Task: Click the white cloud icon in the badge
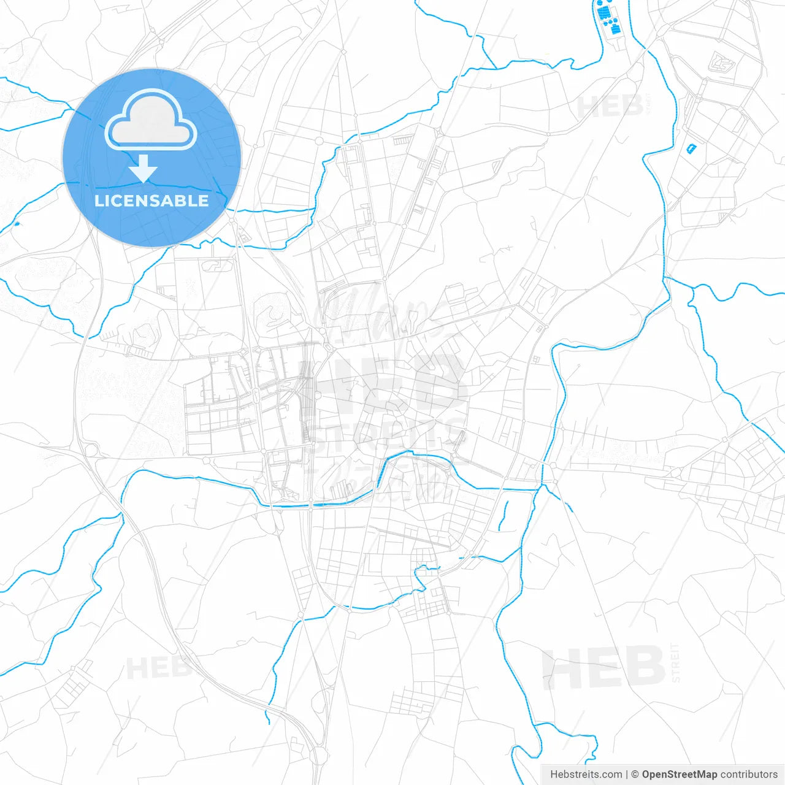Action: [151, 121]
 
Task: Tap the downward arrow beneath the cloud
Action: [144, 169]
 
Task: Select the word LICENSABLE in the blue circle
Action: [151, 201]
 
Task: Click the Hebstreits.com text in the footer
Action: [586, 775]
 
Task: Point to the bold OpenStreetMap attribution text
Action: [679, 775]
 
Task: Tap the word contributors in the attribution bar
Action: [748, 775]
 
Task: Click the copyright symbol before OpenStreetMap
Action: [635, 775]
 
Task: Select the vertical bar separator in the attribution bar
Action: [627, 775]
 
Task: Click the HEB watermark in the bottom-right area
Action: [603, 668]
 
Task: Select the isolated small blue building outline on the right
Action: [692, 148]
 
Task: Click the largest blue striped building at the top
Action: [604, 13]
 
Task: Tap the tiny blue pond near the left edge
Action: [16, 223]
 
